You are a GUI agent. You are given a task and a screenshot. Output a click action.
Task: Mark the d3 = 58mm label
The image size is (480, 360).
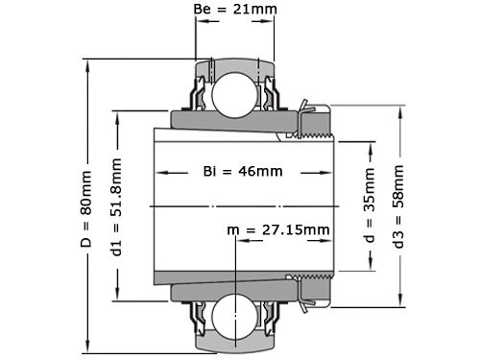coord(398,206)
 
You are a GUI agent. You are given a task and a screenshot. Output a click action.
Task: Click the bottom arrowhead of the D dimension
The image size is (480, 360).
coord(87,348)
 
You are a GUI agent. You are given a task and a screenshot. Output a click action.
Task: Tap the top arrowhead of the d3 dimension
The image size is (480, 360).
coord(398,107)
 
